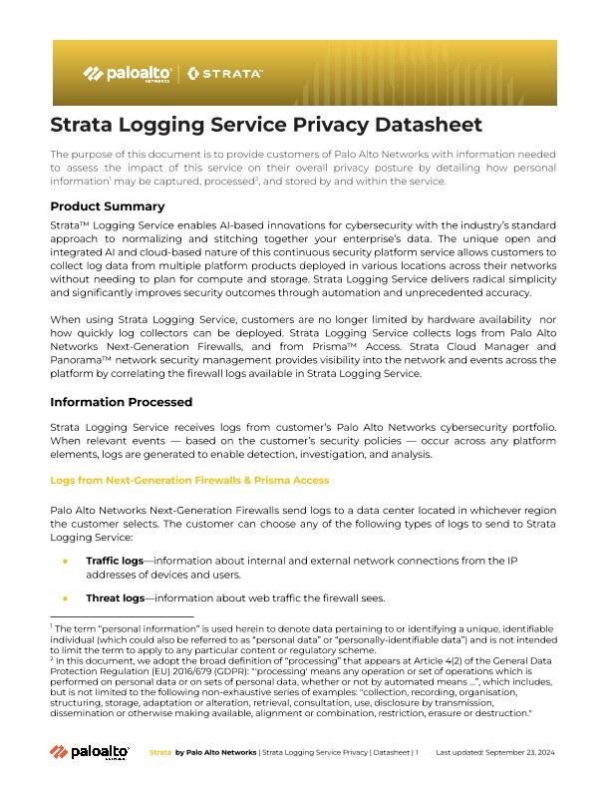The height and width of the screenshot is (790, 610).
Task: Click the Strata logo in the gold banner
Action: (x=225, y=74)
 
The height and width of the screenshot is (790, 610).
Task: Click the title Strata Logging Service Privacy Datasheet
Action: (x=266, y=125)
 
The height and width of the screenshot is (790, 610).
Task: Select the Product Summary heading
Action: (x=108, y=206)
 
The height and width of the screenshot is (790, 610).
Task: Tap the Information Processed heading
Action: (x=121, y=403)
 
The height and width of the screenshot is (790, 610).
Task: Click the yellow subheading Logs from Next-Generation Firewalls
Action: (x=189, y=480)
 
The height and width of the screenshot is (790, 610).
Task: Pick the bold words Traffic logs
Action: (x=115, y=562)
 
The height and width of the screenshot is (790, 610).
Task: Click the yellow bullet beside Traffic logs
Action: (x=65, y=562)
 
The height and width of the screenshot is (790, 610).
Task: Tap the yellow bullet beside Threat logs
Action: (x=65, y=598)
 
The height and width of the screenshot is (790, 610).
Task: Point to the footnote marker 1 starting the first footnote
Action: (x=52, y=625)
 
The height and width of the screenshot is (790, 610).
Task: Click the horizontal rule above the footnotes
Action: (x=121, y=618)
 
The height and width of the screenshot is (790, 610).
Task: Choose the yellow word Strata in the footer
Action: (x=159, y=752)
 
